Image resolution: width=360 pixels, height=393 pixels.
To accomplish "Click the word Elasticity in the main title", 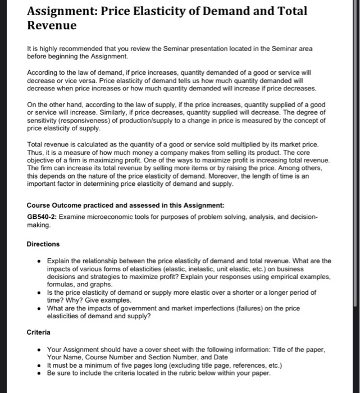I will click(x=155, y=10).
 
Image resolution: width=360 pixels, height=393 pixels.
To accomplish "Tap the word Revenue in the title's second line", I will click(x=52, y=26).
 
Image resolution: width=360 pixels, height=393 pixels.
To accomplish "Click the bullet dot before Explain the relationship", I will click(x=38, y=261).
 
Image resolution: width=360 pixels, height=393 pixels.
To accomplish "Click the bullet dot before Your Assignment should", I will click(x=38, y=349).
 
